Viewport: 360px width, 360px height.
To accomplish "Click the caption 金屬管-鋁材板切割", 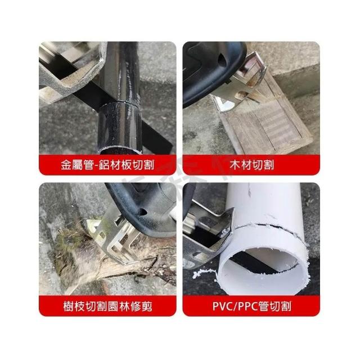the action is click(x=107, y=165).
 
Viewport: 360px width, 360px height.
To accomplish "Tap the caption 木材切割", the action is click(x=251, y=165).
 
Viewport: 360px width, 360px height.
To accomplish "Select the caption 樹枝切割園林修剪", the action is click(x=107, y=306).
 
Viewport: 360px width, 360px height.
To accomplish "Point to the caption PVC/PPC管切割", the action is click(x=251, y=306).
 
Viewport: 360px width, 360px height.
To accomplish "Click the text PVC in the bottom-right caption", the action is click(x=223, y=306).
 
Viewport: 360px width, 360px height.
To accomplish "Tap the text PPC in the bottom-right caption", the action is click(x=248, y=306).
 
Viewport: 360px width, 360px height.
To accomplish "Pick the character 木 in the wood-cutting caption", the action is click(x=235, y=165).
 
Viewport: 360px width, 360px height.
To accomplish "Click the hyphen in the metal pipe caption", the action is click(x=96, y=165).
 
